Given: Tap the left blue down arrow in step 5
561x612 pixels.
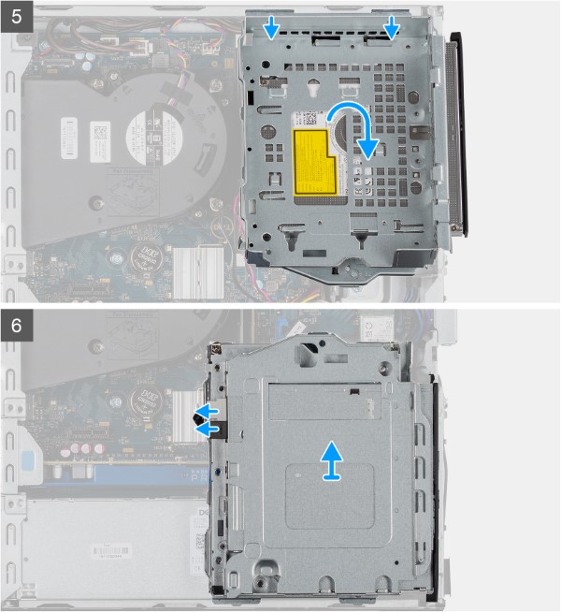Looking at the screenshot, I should tap(270, 31).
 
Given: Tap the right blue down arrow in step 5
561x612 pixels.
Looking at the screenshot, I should tap(391, 31).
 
